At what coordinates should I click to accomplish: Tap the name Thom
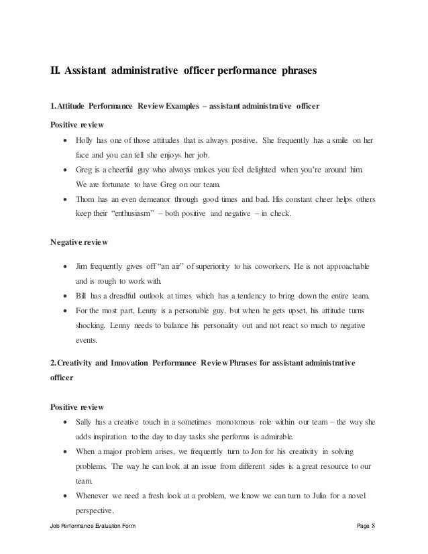click(x=87, y=200)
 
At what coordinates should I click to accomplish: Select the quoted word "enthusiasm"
click(x=140, y=215)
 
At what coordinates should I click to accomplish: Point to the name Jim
click(x=83, y=266)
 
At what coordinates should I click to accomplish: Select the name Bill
click(x=82, y=296)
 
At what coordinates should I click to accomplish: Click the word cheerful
click(x=125, y=170)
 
